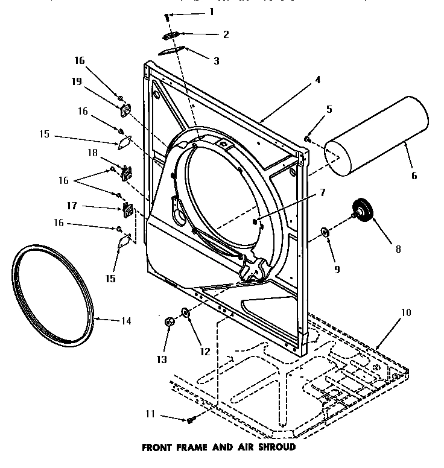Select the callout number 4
point(317,80)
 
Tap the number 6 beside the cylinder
point(413,175)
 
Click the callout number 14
point(125,321)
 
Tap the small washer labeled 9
point(325,232)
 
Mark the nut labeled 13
point(170,323)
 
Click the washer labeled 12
point(186,312)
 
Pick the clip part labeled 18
point(127,172)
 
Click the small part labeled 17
point(127,209)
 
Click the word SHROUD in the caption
point(276,447)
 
